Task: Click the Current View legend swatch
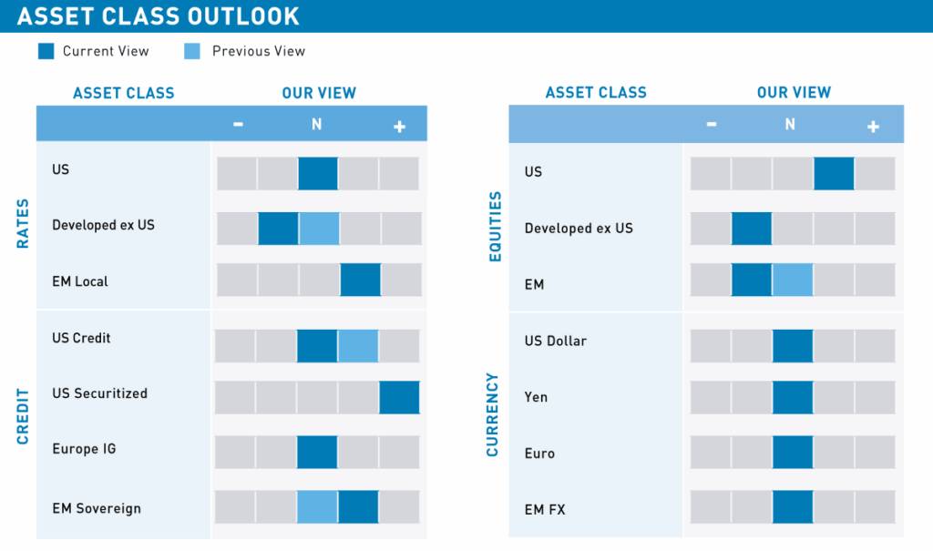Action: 46,51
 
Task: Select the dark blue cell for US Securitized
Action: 399,398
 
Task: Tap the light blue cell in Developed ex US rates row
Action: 319,229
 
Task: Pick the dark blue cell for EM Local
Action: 360,280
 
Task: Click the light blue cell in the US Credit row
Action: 358,346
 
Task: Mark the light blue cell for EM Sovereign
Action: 317,507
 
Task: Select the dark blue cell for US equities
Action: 834,173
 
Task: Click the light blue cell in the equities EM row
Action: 793,280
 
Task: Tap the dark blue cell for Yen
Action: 793,397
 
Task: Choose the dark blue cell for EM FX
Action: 793,507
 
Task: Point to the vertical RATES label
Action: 23,223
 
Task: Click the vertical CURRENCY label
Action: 493,414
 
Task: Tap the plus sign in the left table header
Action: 399,127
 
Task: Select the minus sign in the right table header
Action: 711,125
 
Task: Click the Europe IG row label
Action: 84,449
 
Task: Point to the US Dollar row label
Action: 555,341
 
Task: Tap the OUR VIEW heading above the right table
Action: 794,92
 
